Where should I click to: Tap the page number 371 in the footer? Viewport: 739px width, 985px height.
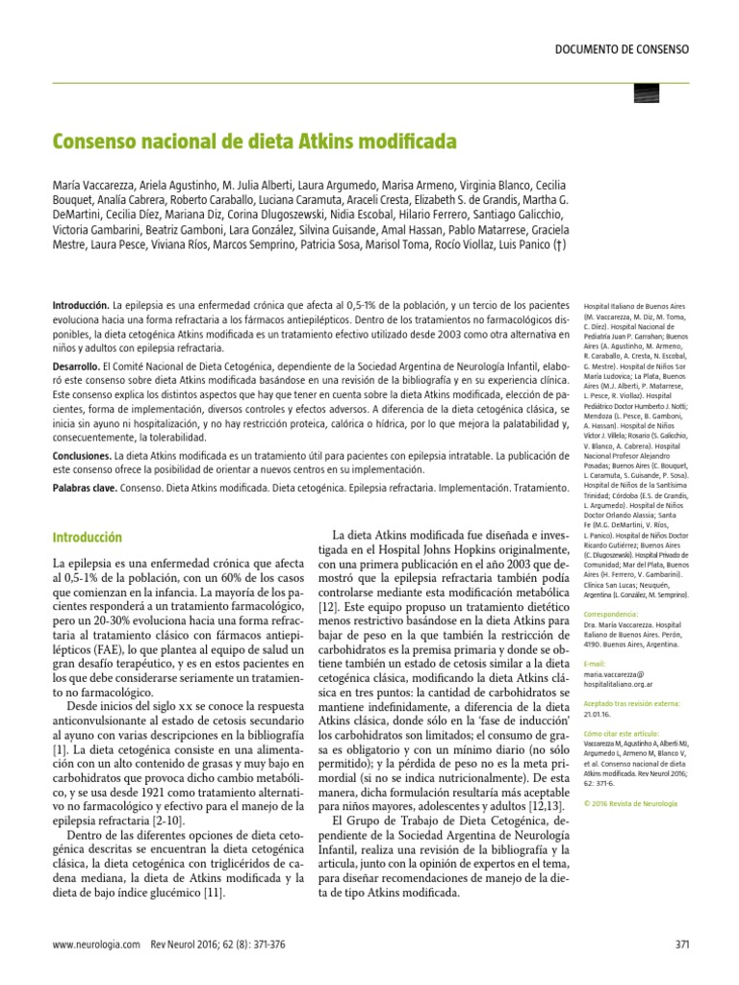682,944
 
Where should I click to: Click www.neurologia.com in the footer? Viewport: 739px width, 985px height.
96,944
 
